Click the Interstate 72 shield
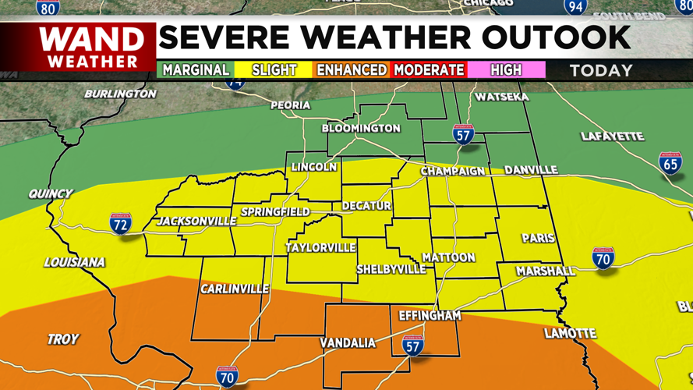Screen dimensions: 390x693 coord(120,223)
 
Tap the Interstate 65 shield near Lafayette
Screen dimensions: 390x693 coord(670,163)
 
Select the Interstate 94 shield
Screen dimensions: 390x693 coord(575,7)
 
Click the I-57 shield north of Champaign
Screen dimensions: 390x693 coord(463,133)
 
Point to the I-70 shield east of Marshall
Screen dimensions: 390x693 coord(603,258)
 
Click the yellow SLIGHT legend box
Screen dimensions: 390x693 coord(274,70)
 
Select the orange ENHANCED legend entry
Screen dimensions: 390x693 coord(351,70)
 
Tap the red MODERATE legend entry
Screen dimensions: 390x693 coord(429,70)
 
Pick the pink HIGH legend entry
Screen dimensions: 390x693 coord(506,70)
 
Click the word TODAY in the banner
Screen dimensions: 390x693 coord(601,70)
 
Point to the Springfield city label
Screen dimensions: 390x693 coord(275,211)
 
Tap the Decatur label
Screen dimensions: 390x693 coord(366,206)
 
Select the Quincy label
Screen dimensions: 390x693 coord(50,193)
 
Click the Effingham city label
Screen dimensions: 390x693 coord(430,316)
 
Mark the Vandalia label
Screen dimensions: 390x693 coord(348,343)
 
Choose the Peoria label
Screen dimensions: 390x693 coord(290,105)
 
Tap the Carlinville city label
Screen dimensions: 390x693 coord(234,289)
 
